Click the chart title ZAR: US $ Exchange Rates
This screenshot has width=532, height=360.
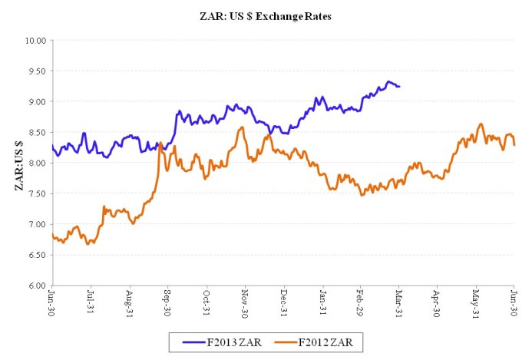(x=265, y=15)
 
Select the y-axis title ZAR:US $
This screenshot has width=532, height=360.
(x=18, y=162)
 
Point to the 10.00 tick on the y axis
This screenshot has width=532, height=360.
(x=36, y=40)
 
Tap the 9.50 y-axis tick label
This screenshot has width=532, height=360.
(x=36, y=71)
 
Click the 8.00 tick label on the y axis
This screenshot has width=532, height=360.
(x=36, y=163)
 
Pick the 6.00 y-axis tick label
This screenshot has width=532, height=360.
(x=36, y=286)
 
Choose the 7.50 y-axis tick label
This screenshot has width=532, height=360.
(x=36, y=193)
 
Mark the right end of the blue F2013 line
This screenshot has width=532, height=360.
(x=399, y=86)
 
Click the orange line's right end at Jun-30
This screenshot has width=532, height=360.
(x=514, y=144)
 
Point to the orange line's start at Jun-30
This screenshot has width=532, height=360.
(x=52, y=234)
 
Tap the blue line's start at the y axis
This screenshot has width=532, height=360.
(x=52, y=145)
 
